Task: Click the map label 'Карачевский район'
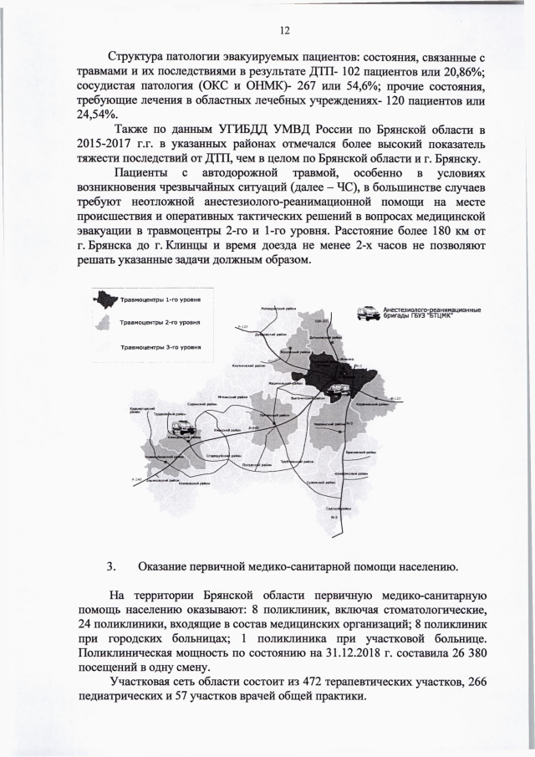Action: click(x=368, y=403)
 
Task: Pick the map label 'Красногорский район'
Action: click(x=140, y=408)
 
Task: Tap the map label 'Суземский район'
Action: click(x=321, y=483)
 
